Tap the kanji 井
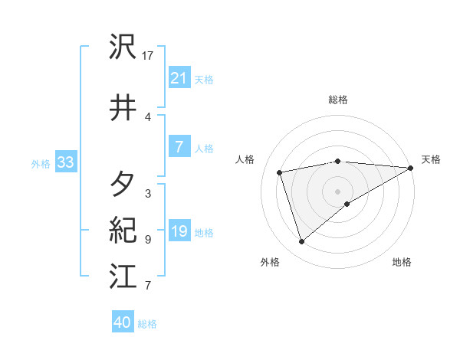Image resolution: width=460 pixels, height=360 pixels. pyautogui.click(x=123, y=108)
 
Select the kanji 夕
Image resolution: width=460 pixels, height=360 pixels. pyautogui.click(x=123, y=184)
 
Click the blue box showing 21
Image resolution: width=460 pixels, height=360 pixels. pyautogui.click(x=179, y=77)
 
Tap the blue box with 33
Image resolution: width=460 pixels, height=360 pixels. pyautogui.click(x=64, y=162)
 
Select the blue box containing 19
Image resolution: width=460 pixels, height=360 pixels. pyautogui.click(x=179, y=231)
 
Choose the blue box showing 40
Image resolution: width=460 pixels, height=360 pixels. pyautogui.click(x=123, y=322)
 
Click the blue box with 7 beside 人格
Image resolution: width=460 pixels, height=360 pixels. pyautogui.click(x=179, y=147)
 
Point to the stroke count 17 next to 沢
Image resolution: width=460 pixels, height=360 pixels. pyautogui.click(x=148, y=55)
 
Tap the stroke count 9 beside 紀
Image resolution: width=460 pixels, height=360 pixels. pyautogui.click(x=147, y=239)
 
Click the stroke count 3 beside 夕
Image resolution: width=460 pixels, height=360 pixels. pyautogui.click(x=147, y=193)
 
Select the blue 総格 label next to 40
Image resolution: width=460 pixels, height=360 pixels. pyautogui.click(x=147, y=324)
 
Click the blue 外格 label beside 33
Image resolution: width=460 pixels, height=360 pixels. pyautogui.click(x=41, y=163)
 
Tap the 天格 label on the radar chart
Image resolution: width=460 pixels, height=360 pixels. pyautogui.click(x=431, y=159)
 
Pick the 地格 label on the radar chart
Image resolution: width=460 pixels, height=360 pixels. pyautogui.click(x=402, y=262)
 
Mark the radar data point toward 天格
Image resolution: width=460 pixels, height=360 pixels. pyautogui.click(x=411, y=168)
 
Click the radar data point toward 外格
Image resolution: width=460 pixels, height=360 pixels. pyautogui.click(x=301, y=242)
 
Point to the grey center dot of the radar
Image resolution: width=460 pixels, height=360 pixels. pyautogui.click(x=337, y=191)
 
